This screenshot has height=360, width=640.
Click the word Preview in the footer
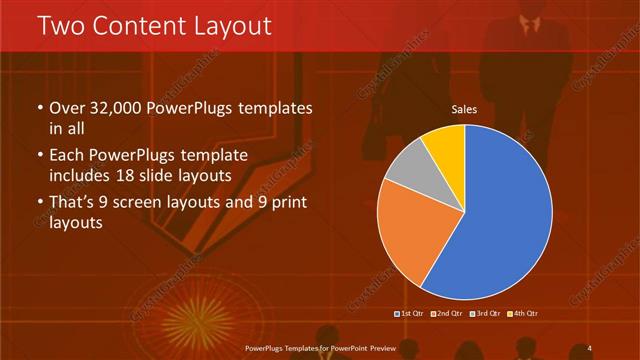378,347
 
